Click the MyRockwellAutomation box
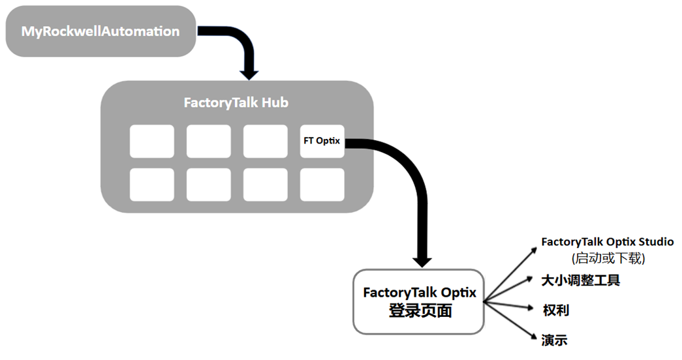click(x=101, y=31)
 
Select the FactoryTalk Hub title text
click(x=236, y=102)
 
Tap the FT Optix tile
click(x=322, y=141)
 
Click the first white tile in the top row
click(x=151, y=141)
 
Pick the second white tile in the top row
click(x=208, y=141)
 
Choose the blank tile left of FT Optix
click(x=266, y=141)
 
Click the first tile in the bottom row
click(x=151, y=185)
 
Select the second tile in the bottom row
click(x=208, y=185)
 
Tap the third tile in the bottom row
click(x=266, y=185)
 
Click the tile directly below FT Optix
click(x=322, y=185)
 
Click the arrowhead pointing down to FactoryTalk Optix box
click(x=423, y=258)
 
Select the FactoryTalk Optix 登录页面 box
click(x=418, y=301)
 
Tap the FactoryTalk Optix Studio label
click(x=607, y=242)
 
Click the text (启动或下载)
click(x=608, y=258)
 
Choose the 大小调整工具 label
click(x=580, y=280)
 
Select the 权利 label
click(x=556, y=310)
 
